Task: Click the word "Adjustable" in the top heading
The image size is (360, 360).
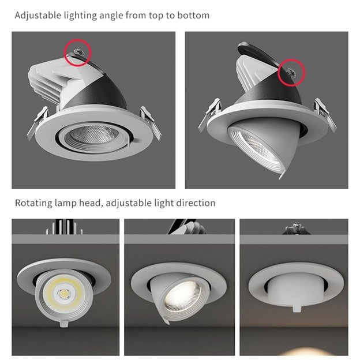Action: click(x=38, y=16)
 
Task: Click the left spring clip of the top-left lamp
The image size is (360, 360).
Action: click(x=37, y=123)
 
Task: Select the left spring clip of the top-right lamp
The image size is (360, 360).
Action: click(x=209, y=114)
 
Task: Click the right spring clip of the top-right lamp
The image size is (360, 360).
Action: click(x=325, y=114)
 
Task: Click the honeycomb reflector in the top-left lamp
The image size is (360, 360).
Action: click(x=94, y=135)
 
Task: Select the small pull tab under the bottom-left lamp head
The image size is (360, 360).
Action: click(x=64, y=323)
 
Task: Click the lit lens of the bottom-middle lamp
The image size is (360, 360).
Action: click(x=183, y=297)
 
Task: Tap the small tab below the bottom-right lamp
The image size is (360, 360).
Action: click(x=297, y=307)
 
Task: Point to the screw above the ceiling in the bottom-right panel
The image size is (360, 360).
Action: click(x=296, y=228)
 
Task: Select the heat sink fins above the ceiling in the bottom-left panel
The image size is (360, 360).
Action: click(x=65, y=227)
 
